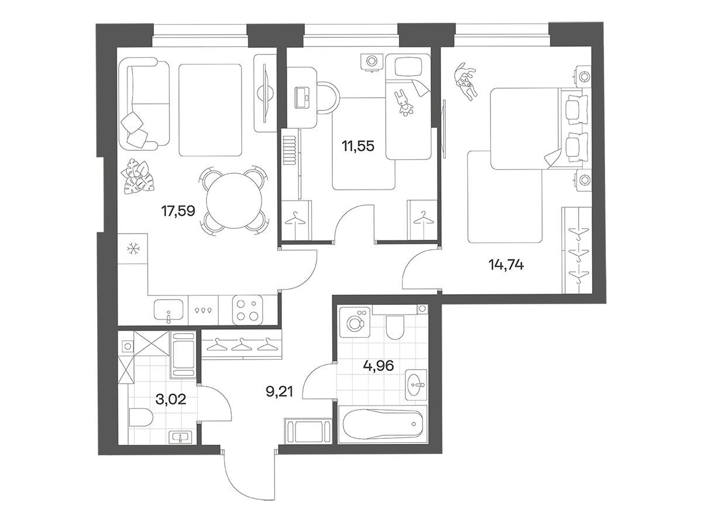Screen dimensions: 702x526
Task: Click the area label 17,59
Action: tap(178, 211)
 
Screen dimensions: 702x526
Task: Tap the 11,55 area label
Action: tap(358, 146)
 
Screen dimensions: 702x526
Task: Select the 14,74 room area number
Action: tap(505, 265)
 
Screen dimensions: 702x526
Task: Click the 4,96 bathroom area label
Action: tap(378, 365)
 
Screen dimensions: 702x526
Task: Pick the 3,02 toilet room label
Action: tap(171, 399)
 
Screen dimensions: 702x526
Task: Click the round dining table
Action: tap(234, 201)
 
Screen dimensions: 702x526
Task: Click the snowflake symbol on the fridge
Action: tap(132, 249)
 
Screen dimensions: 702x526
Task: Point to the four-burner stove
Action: tap(247, 310)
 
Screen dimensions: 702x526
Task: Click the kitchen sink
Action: tap(168, 310)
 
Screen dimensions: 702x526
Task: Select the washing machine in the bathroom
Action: tap(355, 322)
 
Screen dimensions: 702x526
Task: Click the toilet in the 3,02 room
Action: tap(140, 417)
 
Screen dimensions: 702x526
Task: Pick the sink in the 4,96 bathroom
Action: tap(416, 384)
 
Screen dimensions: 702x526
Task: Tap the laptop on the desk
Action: tap(302, 98)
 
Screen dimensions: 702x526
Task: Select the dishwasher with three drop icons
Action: tap(204, 310)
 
